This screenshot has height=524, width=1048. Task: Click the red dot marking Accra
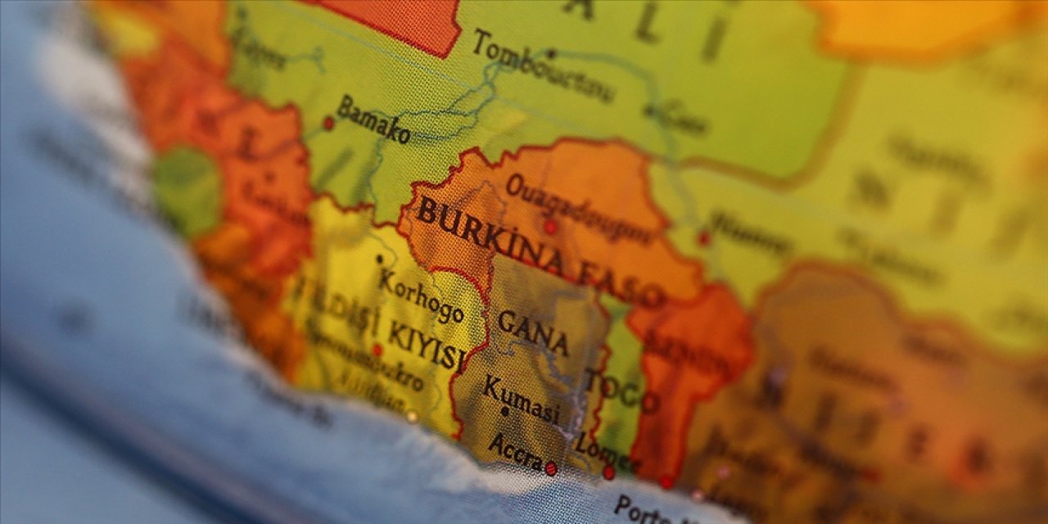coord(551,468)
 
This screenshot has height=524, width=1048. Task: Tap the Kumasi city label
coord(522,400)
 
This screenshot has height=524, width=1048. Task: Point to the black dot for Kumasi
coord(504,411)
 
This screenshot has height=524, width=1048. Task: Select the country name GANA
coord(533,329)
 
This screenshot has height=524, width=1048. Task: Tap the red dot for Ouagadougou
coord(550,227)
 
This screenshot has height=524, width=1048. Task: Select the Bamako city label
coord(373,120)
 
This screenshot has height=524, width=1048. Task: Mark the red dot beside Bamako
coord(328,124)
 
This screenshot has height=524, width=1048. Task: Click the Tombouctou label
coord(542,67)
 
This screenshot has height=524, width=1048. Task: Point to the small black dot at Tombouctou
coord(551,54)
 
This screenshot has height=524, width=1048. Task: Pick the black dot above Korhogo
coord(379,260)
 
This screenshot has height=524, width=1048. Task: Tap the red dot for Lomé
coord(608,472)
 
